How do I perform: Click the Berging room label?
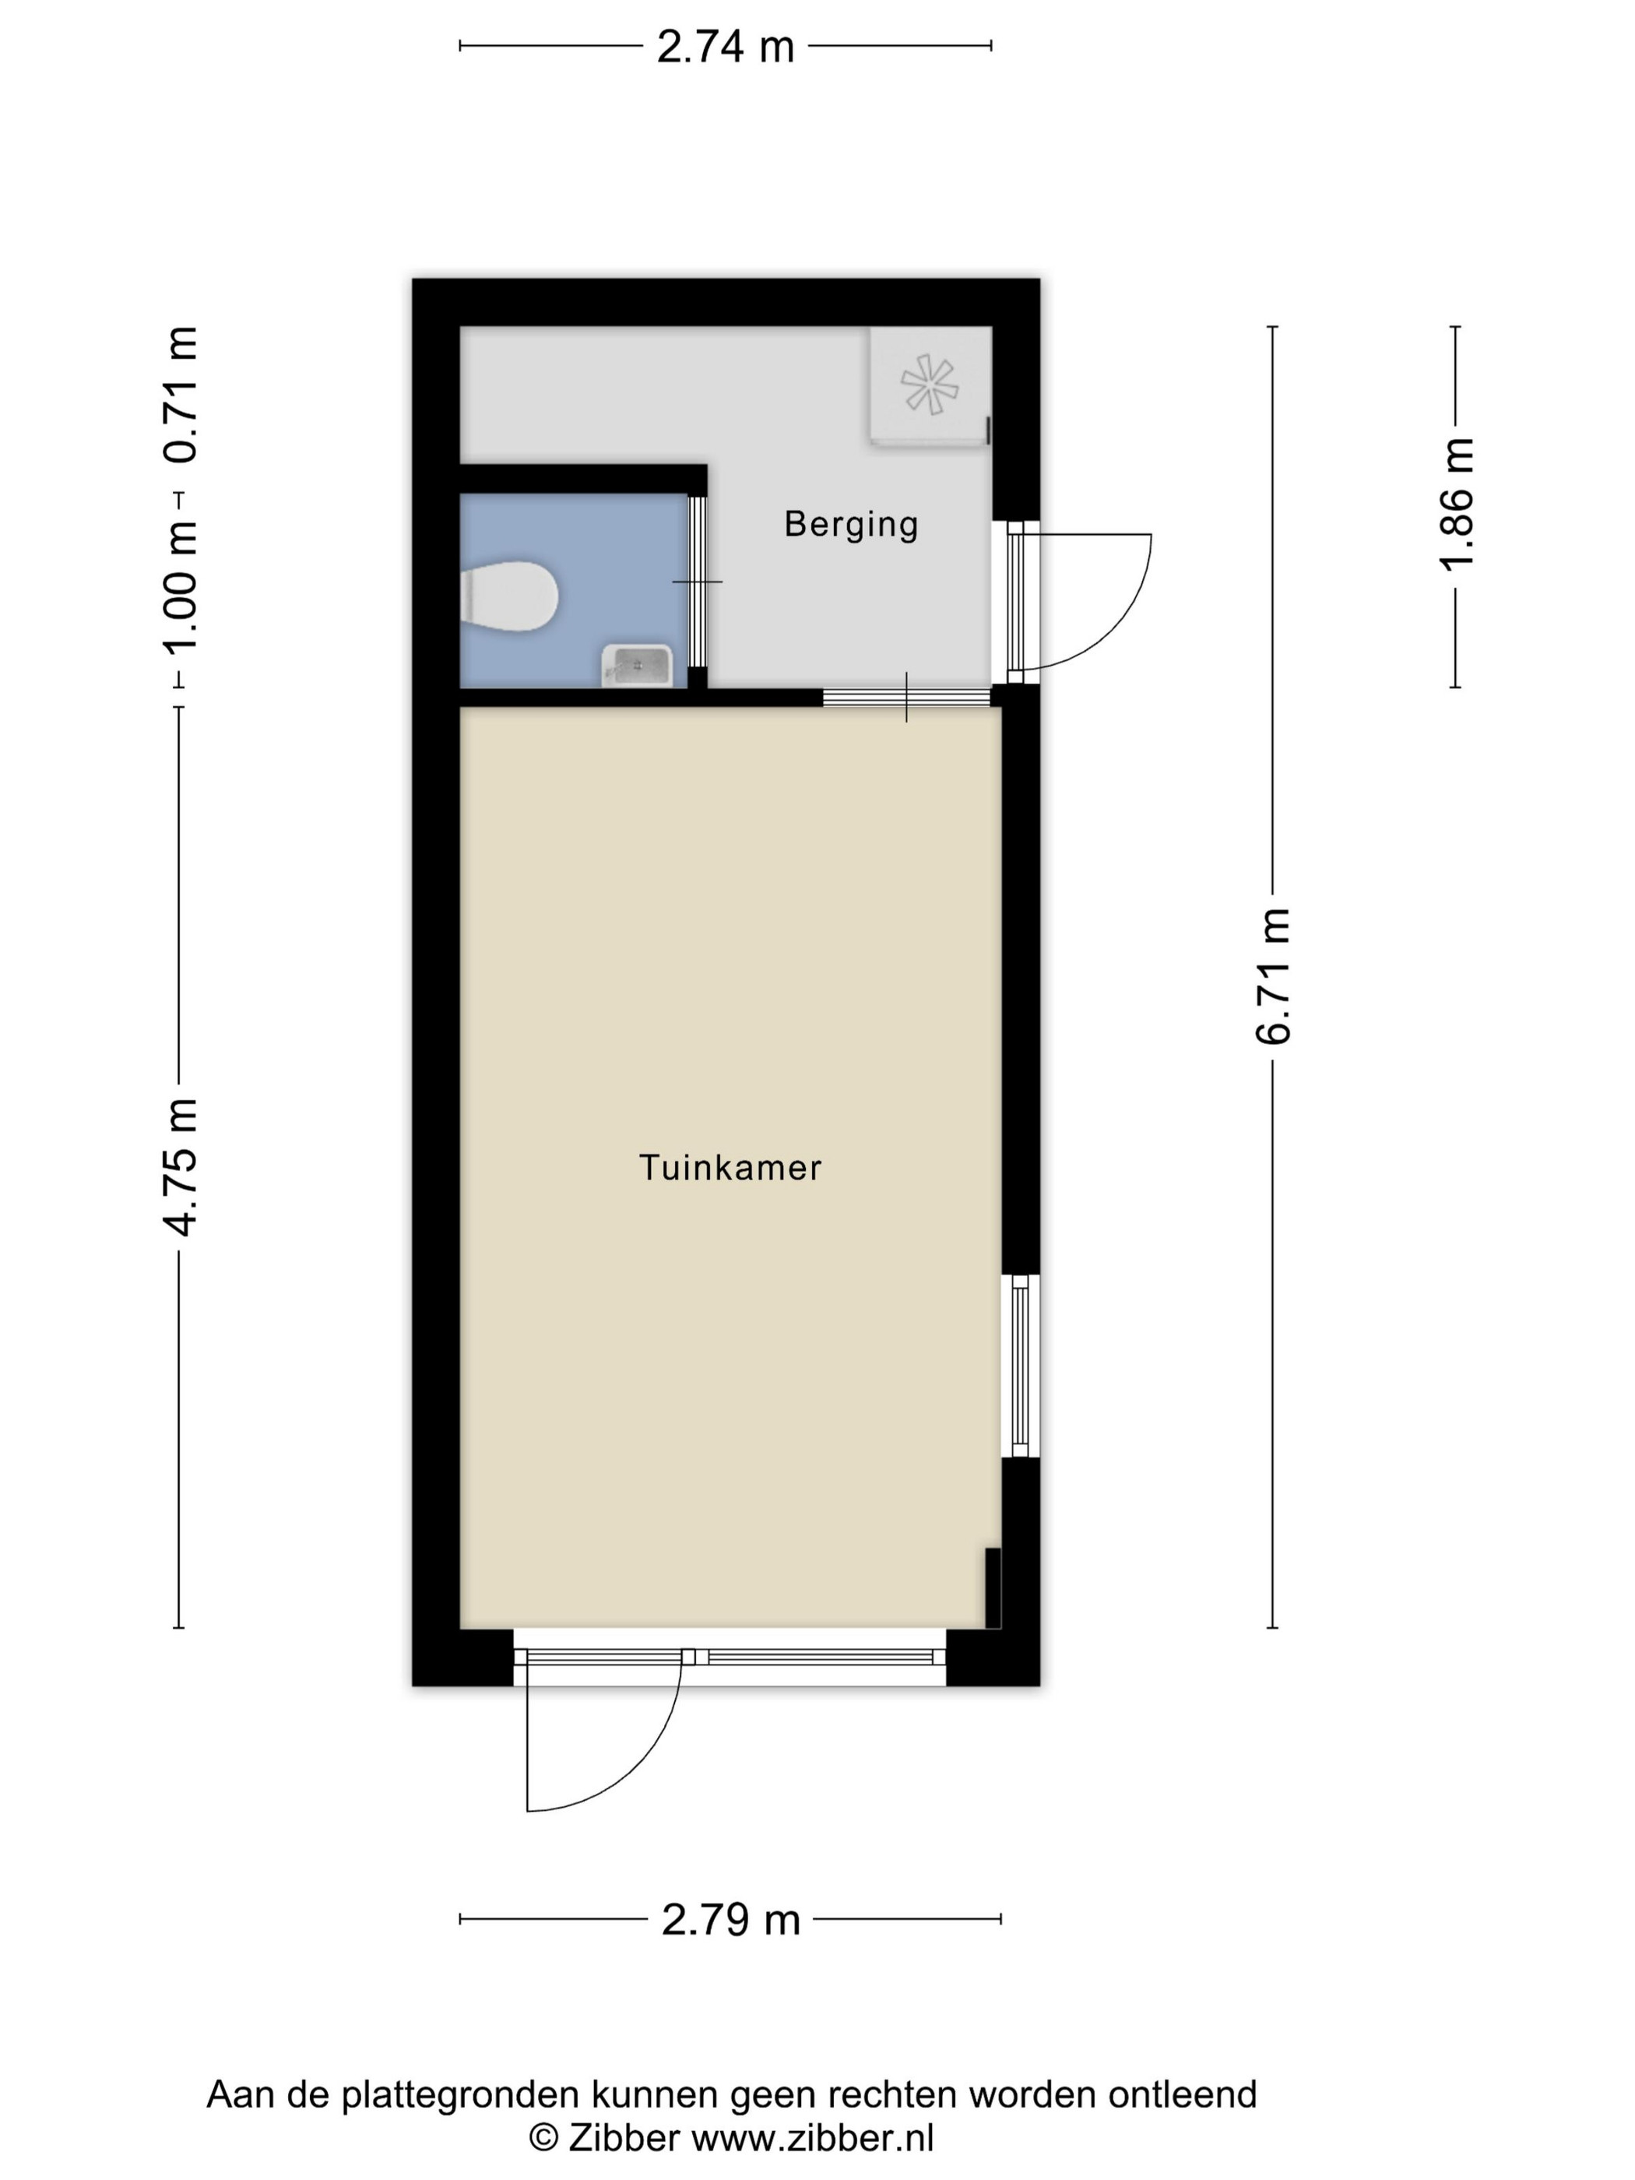click(850, 523)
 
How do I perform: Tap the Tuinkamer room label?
click(730, 1168)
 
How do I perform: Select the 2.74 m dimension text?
click(726, 46)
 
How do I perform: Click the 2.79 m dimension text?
click(730, 1919)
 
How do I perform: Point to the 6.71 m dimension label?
click(1272, 976)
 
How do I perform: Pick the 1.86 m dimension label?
click(1457, 505)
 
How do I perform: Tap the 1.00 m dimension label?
click(181, 587)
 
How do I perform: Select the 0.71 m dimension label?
click(181, 394)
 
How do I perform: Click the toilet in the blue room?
click(509, 596)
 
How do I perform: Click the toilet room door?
click(697, 582)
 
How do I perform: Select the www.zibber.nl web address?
click(812, 2138)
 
